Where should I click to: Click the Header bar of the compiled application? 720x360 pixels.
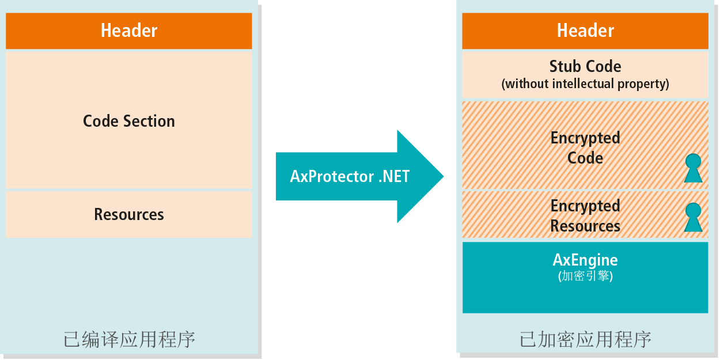[x=128, y=31]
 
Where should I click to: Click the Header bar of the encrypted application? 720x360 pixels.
[x=585, y=31]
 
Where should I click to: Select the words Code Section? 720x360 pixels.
[x=129, y=121]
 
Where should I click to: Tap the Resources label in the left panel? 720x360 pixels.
[x=129, y=214]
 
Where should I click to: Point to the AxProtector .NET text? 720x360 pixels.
[x=350, y=176]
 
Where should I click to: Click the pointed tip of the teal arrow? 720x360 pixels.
[x=444, y=176]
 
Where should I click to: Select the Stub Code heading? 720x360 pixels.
[x=585, y=67]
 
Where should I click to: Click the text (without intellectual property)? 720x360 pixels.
[x=585, y=84]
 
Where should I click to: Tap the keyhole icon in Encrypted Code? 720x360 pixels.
[x=693, y=168]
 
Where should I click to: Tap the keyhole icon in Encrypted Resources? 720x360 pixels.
[x=693, y=217]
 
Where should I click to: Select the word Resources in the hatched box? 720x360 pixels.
[x=585, y=226]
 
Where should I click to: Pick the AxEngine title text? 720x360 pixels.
[x=585, y=260]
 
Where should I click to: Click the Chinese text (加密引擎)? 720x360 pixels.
[x=585, y=276]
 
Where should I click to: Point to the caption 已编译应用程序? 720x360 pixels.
[x=129, y=339]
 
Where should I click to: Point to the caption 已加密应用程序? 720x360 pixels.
[x=585, y=339]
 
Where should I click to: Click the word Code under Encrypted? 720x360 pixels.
[x=585, y=158]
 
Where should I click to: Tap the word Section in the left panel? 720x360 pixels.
[x=149, y=121]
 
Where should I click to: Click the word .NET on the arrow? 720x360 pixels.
[x=394, y=176]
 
